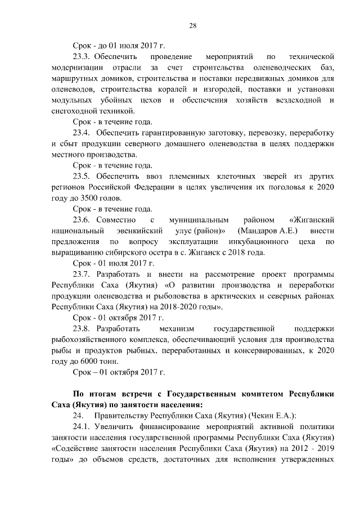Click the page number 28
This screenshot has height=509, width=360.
(192, 25)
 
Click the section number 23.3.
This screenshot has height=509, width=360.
(82, 57)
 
